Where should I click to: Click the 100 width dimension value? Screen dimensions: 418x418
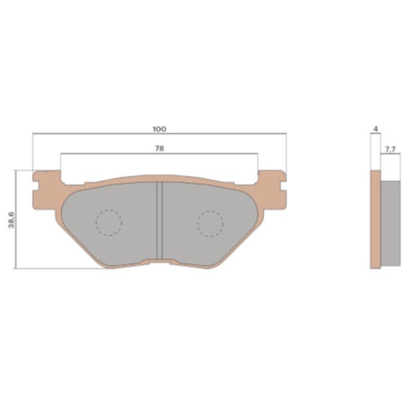[x=158, y=130]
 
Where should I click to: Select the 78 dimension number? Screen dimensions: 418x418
[x=158, y=149]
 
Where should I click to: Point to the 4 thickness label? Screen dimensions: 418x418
[x=373, y=130]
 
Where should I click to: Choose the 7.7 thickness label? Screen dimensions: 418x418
[x=389, y=149]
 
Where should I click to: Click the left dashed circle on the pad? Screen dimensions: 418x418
[x=108, y=222]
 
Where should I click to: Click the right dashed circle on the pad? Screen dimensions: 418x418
[x=210, y=222]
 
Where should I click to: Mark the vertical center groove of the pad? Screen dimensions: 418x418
[x=159, y=220]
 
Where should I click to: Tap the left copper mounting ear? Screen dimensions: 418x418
[x=45, y=181]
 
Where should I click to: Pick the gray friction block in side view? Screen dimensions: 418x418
[x=391, y=224]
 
